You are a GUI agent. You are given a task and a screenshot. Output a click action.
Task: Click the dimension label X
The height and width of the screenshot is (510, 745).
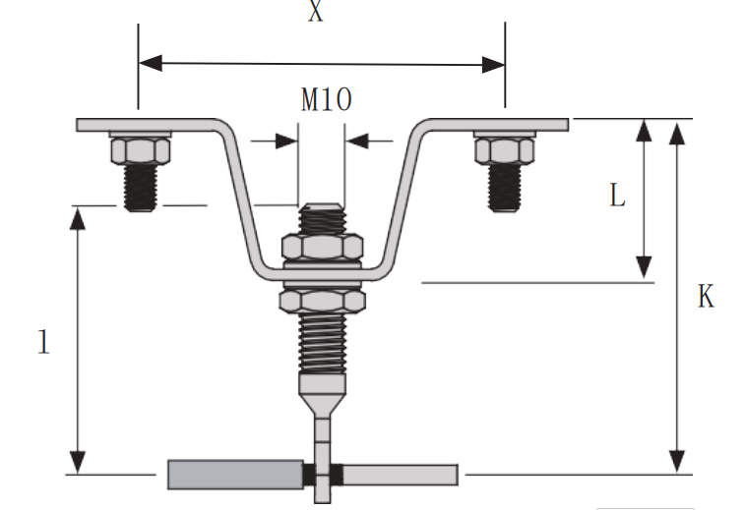coord(315,14)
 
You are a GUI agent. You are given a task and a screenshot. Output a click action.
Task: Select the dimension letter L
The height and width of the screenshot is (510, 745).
coord(617,197)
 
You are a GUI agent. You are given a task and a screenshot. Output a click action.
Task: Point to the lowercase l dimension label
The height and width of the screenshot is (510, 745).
coord(43,341)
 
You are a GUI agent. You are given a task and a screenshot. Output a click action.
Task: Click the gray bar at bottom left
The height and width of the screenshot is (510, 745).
coord(236,475)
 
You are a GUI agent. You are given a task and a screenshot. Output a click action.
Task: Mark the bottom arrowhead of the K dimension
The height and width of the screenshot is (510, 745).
coord(676,462)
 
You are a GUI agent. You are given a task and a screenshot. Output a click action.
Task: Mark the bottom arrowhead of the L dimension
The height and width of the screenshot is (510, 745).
coord(644,267)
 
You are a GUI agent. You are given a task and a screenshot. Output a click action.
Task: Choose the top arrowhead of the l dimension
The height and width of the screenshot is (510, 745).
coord(78,217)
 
